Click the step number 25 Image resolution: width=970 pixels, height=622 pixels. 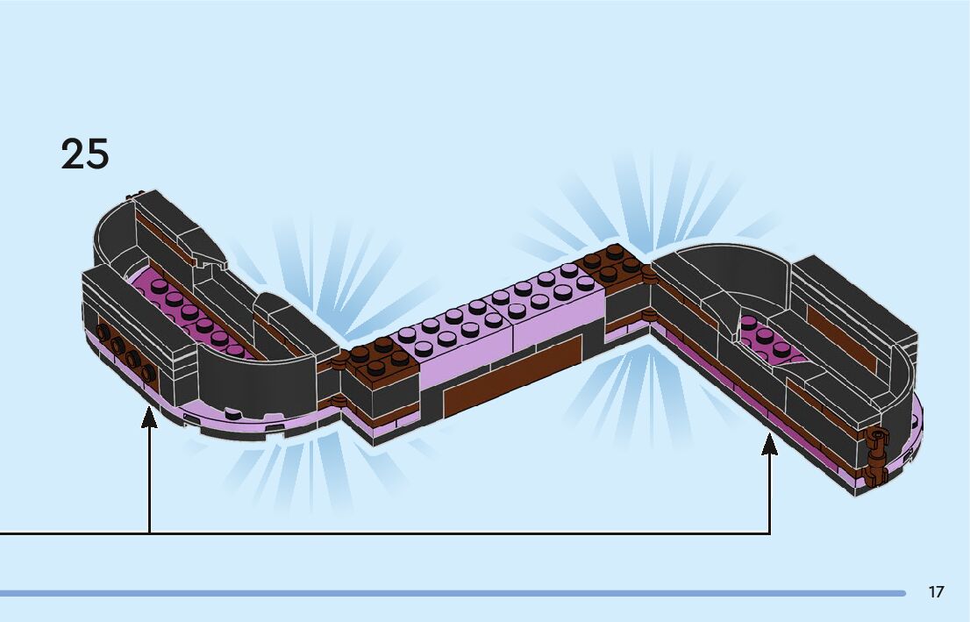[x=85, y=154]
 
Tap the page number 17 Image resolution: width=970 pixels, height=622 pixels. [x=936, y=592]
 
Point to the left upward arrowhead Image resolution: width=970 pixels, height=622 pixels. [x=149, y=417]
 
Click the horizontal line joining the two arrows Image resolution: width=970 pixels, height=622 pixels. [x=439, y=533]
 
